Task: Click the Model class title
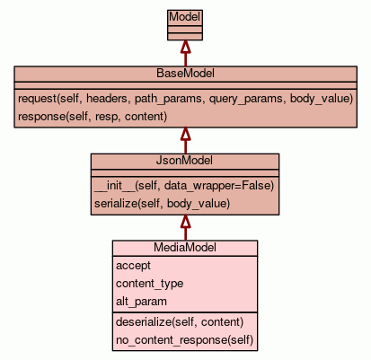(x=185, y=17)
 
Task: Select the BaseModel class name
(x=185, y=74)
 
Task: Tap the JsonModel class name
(x=184, y=161)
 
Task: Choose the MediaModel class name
(x=185, y=248)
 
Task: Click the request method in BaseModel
(x=185, y=99)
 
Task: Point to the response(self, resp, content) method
(x=93, y=117)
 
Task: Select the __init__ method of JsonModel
(x=184, y=186)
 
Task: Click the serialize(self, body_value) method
(x=162, y=204)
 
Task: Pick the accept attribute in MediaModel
(x=133, y=266)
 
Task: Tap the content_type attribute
(x=149, y=284)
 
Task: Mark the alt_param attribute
(x=141, y=302)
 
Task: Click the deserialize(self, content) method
(x=180, y=322)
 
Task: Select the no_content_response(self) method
(x=184, y=340)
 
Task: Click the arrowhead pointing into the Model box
(x=185, y=47)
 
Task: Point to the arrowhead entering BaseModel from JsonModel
(x=185, y=134)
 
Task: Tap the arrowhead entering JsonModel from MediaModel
(x=185, y=221)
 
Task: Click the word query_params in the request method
(x=246, y=99)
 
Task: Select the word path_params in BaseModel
(x=168, y=99)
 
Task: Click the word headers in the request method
(x=107, y=99)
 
